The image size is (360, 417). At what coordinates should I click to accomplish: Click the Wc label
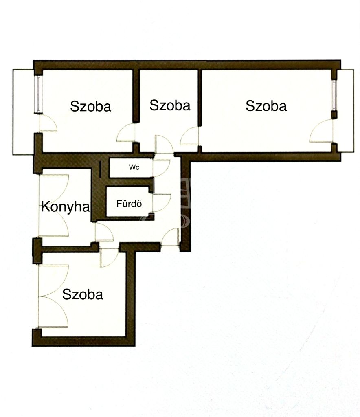pos(134,167)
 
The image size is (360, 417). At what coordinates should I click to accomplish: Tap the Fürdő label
pos(129,204)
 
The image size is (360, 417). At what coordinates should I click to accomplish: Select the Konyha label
pos(66,207)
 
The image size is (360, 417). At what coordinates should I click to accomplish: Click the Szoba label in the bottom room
pos(83,295)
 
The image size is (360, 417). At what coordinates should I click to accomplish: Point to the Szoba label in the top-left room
pos(91,106)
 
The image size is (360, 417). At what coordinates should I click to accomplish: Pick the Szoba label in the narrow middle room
pos(170,105)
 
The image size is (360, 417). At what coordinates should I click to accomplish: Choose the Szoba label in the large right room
pos(266,106)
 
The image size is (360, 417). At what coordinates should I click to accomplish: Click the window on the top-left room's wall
pos(39,94)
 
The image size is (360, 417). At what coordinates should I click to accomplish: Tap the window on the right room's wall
pos(334,95)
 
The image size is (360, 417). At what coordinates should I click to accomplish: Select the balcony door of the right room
pos(321,131)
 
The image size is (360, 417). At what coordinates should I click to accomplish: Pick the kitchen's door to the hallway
pos(104,232)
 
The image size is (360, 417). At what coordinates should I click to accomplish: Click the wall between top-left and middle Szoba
pos(136,96)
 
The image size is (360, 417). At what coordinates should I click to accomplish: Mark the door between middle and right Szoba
pos(189,136)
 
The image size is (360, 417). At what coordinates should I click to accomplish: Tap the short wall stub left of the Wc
pos(101,169)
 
